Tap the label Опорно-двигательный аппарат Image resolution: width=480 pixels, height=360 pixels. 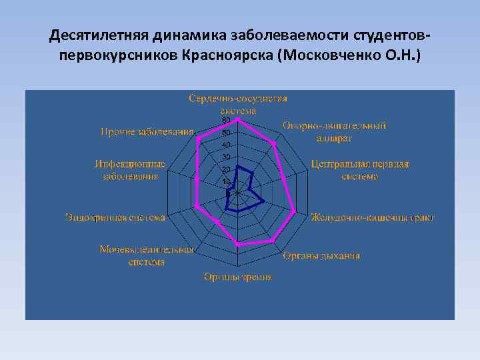tap(334, 131)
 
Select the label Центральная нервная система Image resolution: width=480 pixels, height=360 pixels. tap(359, 170)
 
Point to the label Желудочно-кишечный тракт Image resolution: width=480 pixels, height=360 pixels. tap(373, 217)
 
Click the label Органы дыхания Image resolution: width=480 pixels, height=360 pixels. tap(321, 255)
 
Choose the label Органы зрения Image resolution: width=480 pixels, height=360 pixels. tap(238, 277)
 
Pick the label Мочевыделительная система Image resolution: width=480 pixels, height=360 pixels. tap(147, 255)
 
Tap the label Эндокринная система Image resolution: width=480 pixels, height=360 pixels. tap(115, 217)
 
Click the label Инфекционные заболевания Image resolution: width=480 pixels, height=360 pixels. tap(130, 170)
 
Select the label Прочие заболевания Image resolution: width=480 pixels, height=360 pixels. tap(147, 131)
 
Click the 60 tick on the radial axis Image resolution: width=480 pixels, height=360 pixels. tap(226, 120)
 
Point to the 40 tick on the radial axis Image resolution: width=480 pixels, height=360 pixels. tap(226, 145)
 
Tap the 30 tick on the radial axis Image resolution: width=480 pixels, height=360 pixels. tap(226, 157)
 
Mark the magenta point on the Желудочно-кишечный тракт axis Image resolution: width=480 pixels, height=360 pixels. tap(295, 213)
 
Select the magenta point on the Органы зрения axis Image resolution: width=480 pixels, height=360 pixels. tap(238, 245)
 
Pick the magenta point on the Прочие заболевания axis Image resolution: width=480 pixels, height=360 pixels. tap(199, 138)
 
